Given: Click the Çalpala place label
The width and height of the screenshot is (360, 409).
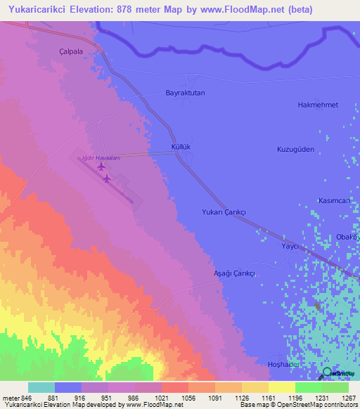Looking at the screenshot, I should (71, 51).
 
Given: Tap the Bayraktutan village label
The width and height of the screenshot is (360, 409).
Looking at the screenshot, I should (185, 93).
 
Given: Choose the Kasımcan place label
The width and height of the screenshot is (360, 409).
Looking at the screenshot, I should (335, 201).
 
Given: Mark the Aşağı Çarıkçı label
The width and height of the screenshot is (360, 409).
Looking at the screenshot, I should (233, 273).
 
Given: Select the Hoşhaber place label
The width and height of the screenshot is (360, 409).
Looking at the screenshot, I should (285, 364).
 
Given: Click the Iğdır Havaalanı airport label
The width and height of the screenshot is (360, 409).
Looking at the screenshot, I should (102, 158).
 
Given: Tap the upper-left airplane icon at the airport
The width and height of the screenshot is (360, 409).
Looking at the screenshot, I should (101, 167).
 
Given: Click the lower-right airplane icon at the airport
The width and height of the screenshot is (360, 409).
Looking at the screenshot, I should (107, 178).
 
